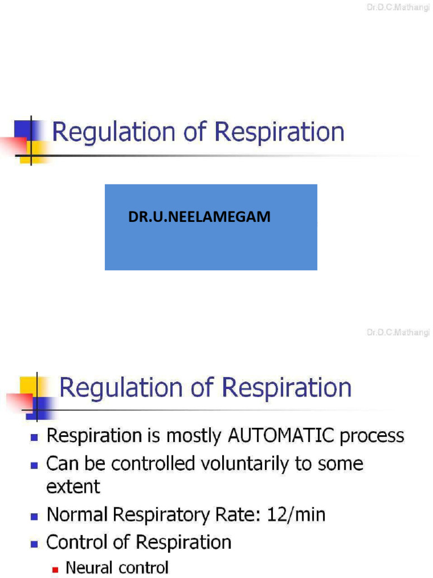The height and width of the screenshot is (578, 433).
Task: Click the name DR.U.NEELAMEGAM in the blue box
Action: click(x=199, y=217)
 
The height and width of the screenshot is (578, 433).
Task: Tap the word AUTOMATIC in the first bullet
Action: click(x=280, y=436)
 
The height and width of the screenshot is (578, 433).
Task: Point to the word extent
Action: click(x=73, y=486)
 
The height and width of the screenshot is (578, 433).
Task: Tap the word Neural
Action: click(x=89, y=568)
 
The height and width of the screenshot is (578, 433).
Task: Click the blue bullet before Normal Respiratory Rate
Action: click(x=34, y=516)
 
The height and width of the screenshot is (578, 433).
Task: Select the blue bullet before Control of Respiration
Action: click(x=34, y=544)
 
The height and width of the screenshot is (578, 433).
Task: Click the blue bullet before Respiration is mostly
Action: click(x=34, y=437)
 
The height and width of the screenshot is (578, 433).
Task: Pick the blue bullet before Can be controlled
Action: click(x=34, y=465)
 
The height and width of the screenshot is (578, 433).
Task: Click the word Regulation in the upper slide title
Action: click(x=113, y=133)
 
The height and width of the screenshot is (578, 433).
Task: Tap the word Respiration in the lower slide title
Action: click(x=286, y=388)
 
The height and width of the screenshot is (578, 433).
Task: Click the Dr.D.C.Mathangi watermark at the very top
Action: click(x=399, y=6)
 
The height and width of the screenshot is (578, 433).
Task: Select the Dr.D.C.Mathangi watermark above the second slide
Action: click(x=399, y=333)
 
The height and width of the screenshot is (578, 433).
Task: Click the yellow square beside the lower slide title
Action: click(x=29, y=386)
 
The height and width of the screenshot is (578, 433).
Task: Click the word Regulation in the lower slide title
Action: click(x=120, y=388)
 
